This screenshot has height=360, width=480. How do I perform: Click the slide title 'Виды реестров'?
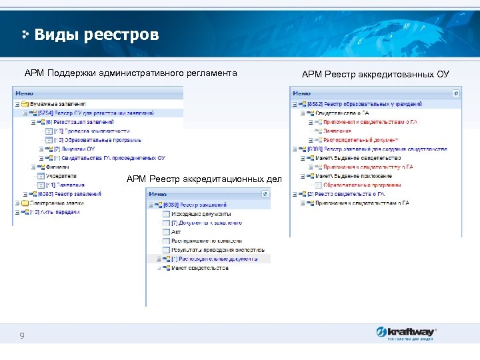click(96, 34)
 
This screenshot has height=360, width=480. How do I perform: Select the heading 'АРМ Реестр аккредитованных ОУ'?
click(375, 74)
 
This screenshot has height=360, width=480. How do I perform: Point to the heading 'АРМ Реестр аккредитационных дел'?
click(204, 178)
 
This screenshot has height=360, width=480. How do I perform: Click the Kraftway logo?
click(406, 333)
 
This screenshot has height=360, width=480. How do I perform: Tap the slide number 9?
click(22, 335)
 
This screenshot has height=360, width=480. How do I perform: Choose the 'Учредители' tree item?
click(61, 175)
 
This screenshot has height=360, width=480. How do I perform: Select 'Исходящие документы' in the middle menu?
click(197, 213)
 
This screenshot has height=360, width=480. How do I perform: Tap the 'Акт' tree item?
click(176, 231)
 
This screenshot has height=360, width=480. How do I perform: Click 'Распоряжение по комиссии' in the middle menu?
click(206, 241)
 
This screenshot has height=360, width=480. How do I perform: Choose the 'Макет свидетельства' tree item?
click(199, 268)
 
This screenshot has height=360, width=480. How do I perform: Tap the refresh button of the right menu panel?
click(456, 94)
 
